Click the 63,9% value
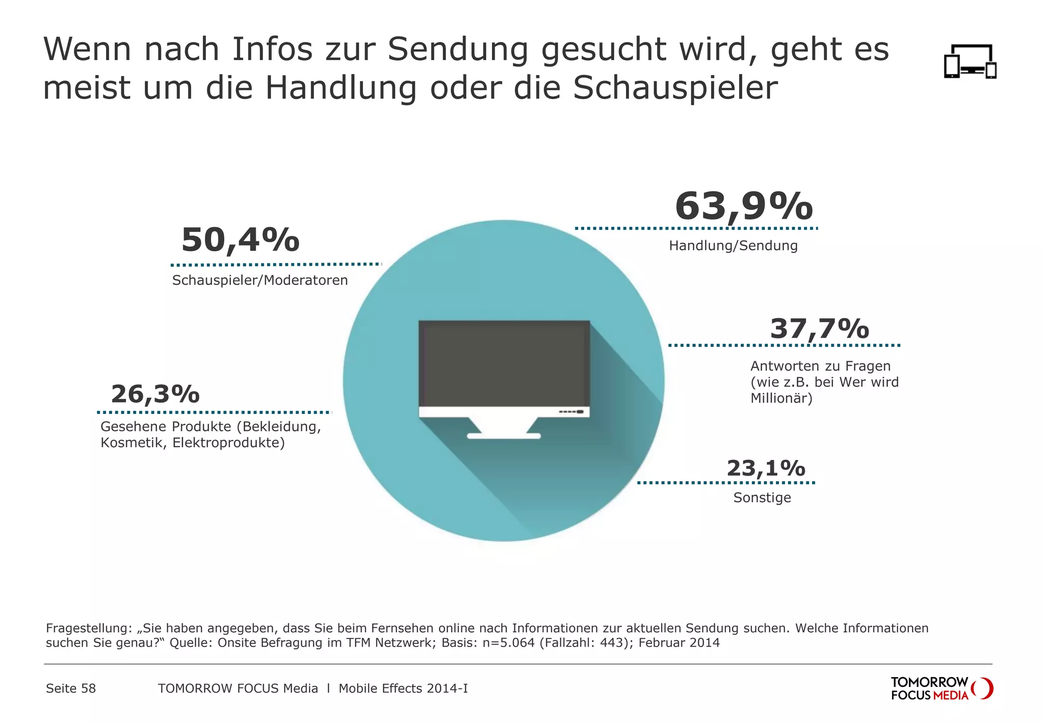click(743, 206)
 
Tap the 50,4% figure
click(240, 240)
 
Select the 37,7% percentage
click(819, 329)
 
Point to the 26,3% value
click(155, 394)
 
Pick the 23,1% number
click(766, 468)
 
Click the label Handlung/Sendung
click(733, 246)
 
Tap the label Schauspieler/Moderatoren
click(260, 280)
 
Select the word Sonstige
click(762, 498)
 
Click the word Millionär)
click(781, 398)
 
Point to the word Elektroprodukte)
click(228, 443)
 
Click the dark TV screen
click(504, 363)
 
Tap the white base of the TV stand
click(504, 436)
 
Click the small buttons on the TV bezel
click(571, 412)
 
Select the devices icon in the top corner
click(970, 62)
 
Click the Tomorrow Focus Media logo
click(941, 688)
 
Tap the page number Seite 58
click(71, 689)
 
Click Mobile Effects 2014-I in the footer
click(403, 689)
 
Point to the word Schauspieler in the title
click(675, 88)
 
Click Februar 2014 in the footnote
click(679, 643)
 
